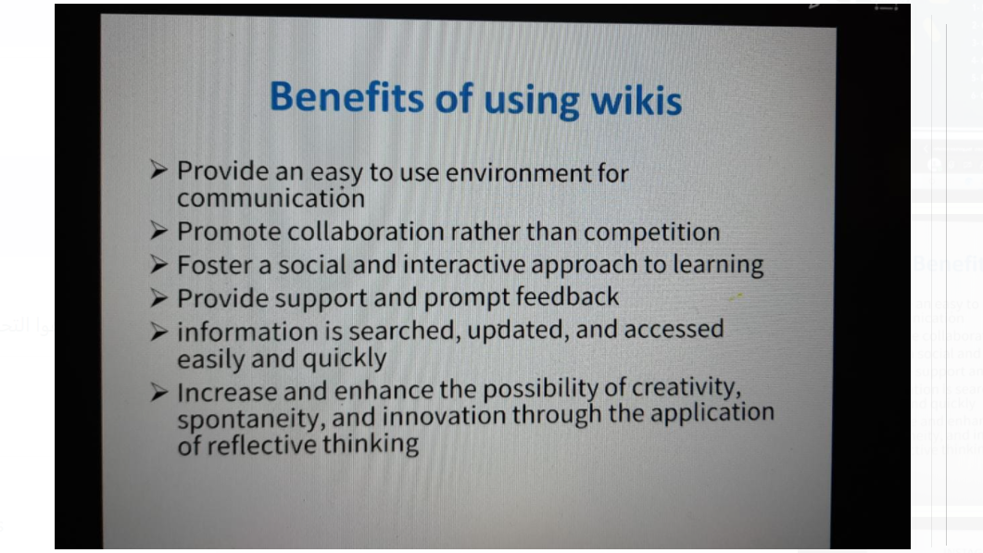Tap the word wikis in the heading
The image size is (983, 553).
636,101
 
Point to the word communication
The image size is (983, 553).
271,199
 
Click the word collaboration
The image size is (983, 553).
365,232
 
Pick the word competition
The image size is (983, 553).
651,233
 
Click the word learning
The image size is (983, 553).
718,265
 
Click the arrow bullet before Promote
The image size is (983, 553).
158,232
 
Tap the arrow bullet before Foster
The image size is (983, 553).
158,265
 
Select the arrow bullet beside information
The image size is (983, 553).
158,331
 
